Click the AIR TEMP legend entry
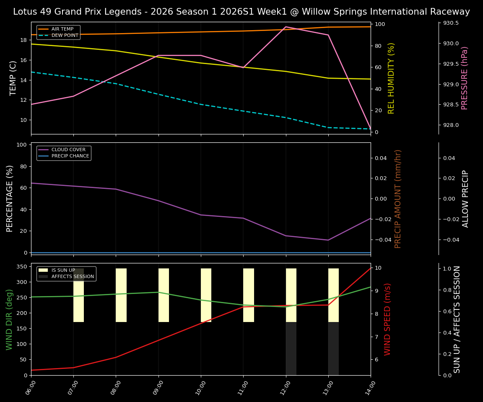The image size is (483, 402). click(58, 29)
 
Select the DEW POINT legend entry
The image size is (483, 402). click(58, 36)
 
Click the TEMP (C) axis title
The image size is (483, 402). click(13, 78)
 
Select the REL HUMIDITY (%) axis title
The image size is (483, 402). click(392, 78)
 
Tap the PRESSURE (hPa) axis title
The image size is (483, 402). click(465, 78)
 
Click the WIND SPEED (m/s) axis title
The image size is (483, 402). click(387, 319)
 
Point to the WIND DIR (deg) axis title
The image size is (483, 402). click(9, 319)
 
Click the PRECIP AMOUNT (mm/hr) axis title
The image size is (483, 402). click(398, 198)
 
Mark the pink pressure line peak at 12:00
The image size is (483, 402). click(286, 27)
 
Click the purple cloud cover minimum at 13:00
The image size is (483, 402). click(328, 240)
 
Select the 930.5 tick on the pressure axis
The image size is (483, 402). click(451, 23)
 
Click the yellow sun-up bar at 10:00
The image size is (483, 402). click(206, 295)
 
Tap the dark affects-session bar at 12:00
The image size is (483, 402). click(291, 348)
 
